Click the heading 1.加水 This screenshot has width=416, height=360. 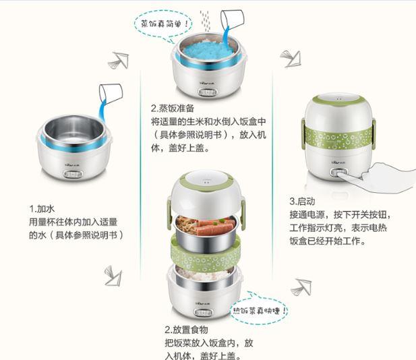(42, 209)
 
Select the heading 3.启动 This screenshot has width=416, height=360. (302, 202)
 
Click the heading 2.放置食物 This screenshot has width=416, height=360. (186, 330)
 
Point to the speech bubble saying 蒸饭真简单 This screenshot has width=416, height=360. (163, 24)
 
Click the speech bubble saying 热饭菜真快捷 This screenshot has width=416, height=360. (259, 309)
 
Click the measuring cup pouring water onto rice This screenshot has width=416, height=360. (233, 20)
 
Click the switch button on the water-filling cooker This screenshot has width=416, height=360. (73, 175)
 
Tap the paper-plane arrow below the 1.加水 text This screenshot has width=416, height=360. (113, 276)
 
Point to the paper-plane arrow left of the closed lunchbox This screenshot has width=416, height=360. (291, 59)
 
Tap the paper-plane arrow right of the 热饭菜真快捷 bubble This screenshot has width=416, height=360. (301, 287)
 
